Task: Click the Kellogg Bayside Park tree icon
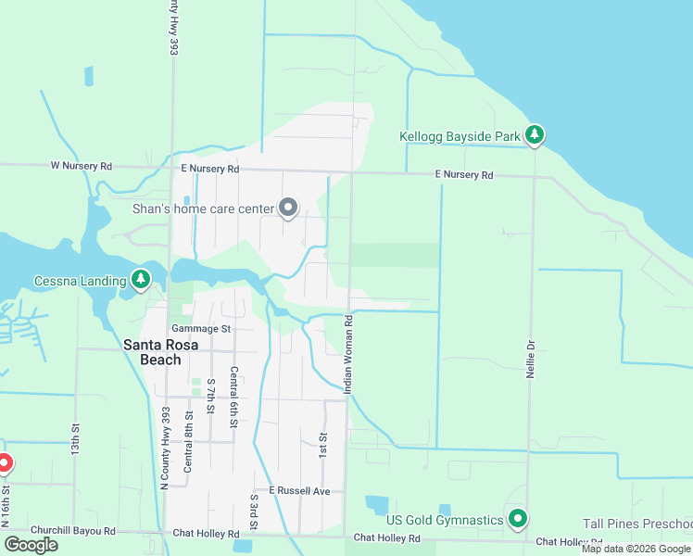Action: (x=534, y=135)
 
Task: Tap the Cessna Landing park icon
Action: (x=140, y=279)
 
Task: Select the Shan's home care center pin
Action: (x=288, y=208)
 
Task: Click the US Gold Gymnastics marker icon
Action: (x=518, y=519)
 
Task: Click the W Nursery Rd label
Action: (x=81, y=166)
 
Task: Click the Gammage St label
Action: (x=200, y=329)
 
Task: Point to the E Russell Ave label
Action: (x=299, y=489)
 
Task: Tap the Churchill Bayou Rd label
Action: (x=72, y=532)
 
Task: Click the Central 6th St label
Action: (x=234, y=398)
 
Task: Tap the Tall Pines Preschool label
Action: (x=636, y=524)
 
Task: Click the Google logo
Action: (x=31, y=544)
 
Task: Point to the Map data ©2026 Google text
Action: (x=636, y=549)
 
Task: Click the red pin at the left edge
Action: (x=3, y=462)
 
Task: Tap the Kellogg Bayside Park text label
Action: (x=460, y=136)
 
